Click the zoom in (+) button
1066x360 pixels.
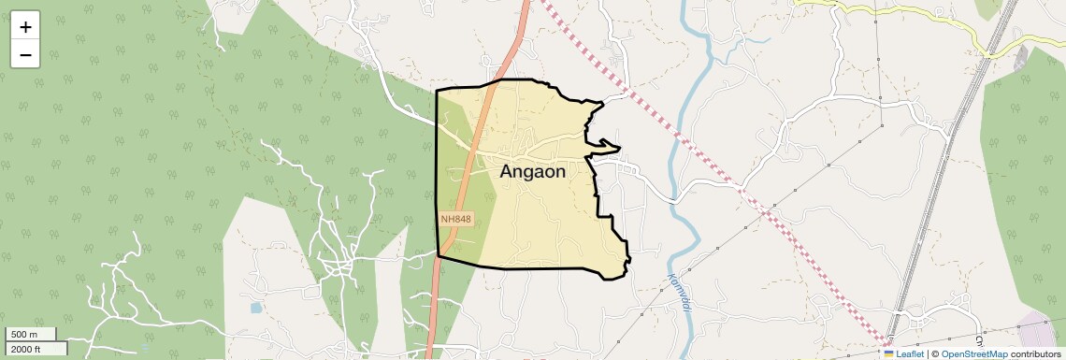(x=25, y=27)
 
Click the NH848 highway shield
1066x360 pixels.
(x=456, y=219)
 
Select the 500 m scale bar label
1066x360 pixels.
(x=24, y=335)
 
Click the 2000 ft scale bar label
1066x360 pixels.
(x=27, y=349)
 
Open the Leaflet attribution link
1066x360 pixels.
(x=909, y=354)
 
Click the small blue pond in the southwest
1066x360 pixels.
(x=255, y=307)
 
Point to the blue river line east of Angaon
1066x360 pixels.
(x=682, y=112)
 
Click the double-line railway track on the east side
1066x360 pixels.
(x=944, y=187)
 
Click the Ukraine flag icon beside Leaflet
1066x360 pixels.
(x=888, y=354)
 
